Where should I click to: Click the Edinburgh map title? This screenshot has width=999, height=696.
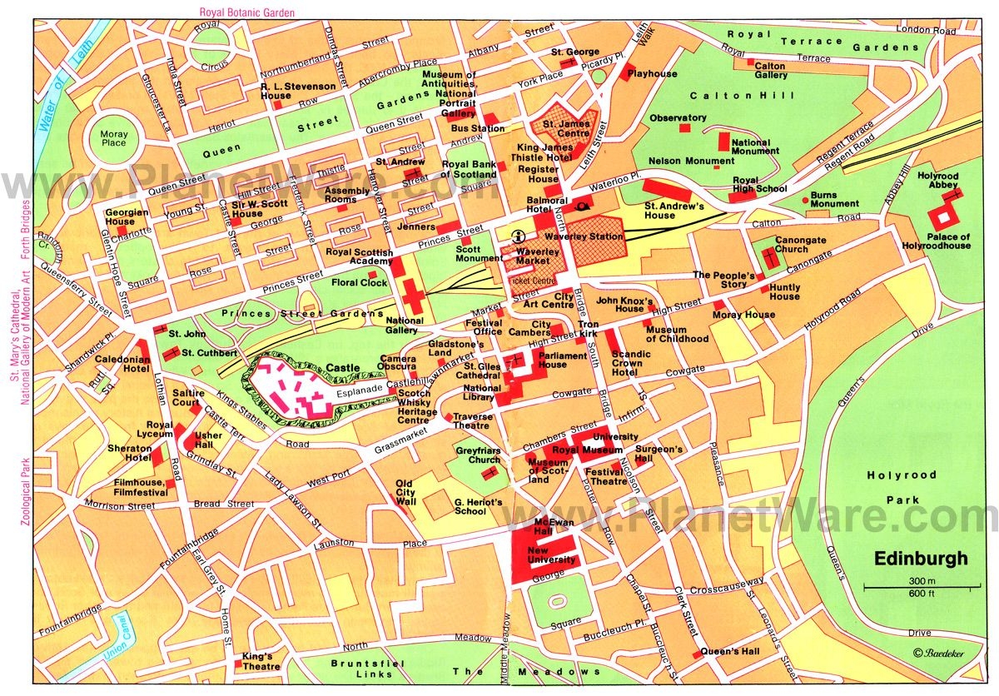921,559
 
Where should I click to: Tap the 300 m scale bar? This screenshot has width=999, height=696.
922,588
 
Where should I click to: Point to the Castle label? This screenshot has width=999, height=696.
343,367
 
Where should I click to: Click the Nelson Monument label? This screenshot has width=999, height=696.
680,161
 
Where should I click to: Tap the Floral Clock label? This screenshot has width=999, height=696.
360,283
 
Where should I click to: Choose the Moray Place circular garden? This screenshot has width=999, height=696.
113,137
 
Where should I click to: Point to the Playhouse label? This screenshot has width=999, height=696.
653,73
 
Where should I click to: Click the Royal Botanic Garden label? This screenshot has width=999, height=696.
246,12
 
